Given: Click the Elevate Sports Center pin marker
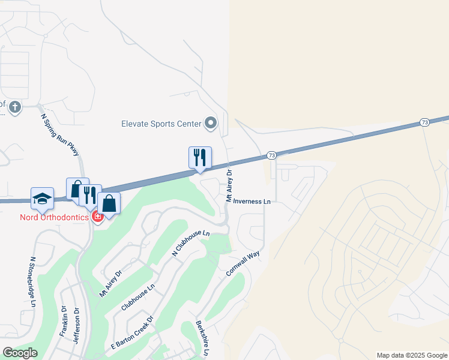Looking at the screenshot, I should [x=210, y=124].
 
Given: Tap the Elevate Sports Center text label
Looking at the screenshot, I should [x=160, y=124].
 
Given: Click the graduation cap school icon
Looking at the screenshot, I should [x=42, y=198].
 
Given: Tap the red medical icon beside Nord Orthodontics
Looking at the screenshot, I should [x=97, y=217].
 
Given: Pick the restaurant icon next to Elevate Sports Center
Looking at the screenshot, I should [x=200, y=157].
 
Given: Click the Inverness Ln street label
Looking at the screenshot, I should [x=252, y=202].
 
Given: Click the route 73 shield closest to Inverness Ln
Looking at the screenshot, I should [x=272, y=155].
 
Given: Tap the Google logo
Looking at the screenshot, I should [x=19, y=353].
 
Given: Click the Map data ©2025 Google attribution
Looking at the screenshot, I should [x=412, y=355].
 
